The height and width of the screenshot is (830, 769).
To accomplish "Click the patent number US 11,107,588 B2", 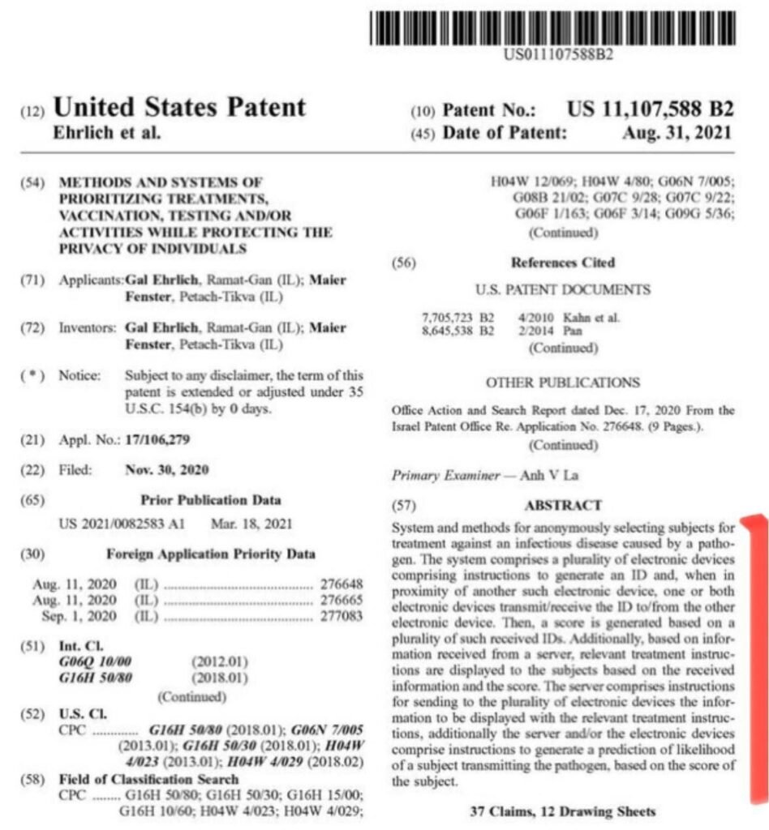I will coord(650,109).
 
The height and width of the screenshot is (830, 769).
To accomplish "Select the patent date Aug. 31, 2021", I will coord(677,132).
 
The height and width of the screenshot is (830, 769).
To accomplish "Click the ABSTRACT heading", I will coord(563,505).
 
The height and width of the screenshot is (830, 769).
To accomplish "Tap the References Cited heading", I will coord(563,263).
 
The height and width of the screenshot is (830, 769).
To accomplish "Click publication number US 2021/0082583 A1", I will coord(122,524).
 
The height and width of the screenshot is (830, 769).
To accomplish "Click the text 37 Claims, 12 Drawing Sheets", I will coord(562,811).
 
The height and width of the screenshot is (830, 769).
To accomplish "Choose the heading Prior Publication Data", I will coord(211,500).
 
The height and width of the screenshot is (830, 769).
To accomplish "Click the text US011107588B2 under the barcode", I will coord(557,55).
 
